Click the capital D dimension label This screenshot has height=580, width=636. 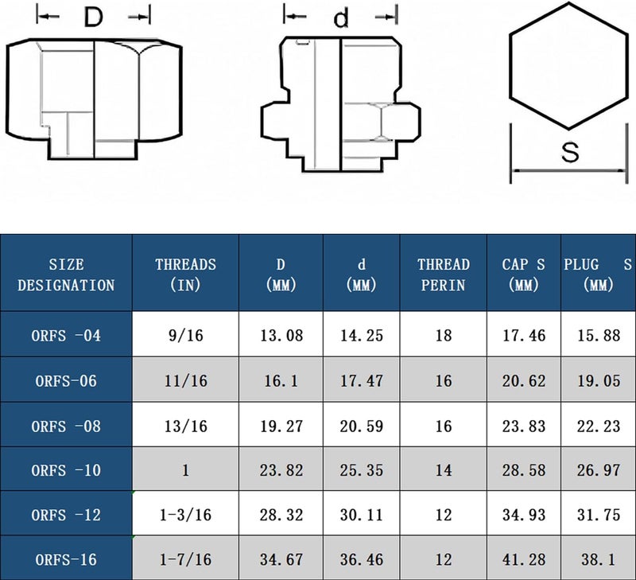point(93,17)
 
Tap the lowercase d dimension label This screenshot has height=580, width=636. point(341,18)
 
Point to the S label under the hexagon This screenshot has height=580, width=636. point(570,152)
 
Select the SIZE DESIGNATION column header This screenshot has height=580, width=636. point(66,274)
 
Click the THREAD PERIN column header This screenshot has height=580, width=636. point(444,274)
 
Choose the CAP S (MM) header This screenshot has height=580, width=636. point(523,274)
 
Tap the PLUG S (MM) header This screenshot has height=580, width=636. point(598,274)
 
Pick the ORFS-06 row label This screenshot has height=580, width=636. point(66,381)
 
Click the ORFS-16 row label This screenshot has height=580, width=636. point(66,559)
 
